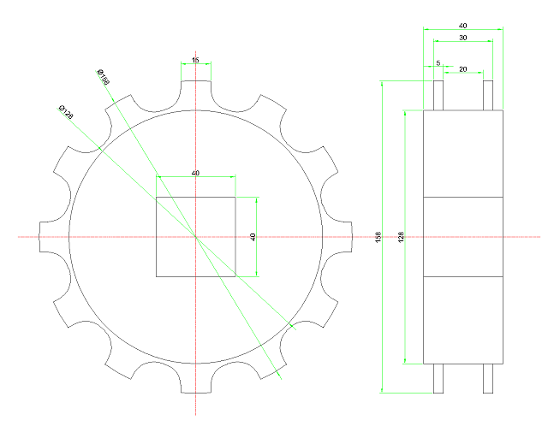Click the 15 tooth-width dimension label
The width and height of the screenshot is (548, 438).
[195, 60]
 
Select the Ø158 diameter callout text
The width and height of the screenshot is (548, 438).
[104, 76]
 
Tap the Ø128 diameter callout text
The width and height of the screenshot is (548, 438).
[65, 111]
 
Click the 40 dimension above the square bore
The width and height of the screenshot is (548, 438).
[195, 173]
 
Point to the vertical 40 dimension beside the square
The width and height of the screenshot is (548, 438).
[253, 237]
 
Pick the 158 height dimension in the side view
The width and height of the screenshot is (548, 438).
[378, 236]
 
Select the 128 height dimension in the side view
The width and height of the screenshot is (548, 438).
[401, 237]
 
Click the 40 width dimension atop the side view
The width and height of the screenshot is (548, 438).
[463, 26]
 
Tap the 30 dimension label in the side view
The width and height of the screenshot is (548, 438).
[463, 38]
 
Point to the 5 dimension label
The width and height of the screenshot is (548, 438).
[438, 63]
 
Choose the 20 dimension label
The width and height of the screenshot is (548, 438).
[463, 68]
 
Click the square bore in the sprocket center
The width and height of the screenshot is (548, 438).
[195, 237]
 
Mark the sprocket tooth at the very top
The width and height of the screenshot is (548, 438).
[195, 89]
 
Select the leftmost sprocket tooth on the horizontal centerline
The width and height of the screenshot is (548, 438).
[48, 237]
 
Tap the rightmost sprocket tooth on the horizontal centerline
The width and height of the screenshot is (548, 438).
[343, 237]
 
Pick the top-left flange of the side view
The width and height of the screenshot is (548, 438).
[438, 95]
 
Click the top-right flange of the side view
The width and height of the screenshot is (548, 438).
[488, 95]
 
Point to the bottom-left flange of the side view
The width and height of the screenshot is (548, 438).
[438, 378]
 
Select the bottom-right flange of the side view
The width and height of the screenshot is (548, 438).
[488, 378]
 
